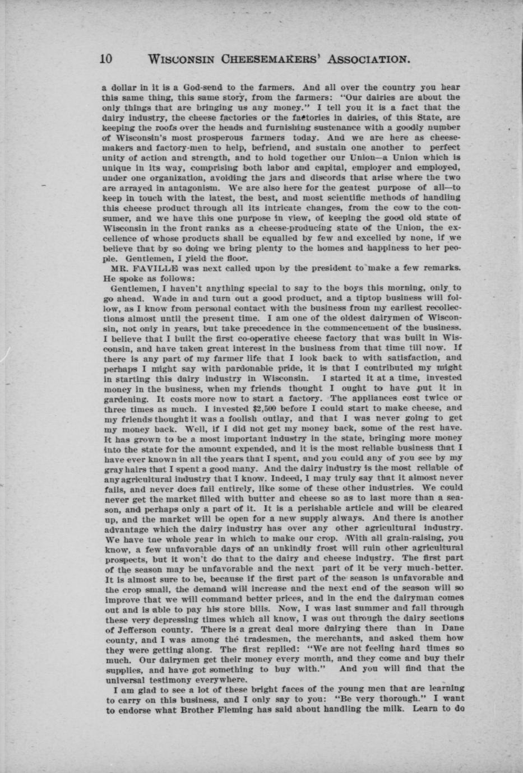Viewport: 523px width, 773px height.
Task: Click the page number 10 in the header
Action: (x=107, y=58)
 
